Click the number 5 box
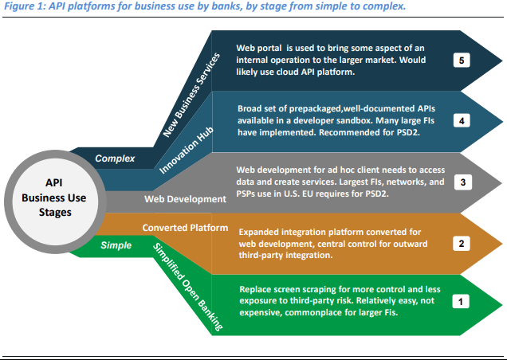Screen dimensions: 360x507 [x=459, y=60]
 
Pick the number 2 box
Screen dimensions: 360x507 [x=459, y=244]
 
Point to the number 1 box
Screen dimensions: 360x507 [x=459, y=303]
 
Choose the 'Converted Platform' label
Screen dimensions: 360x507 [x=180, y=227]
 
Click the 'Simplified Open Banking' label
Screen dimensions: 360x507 [x=185, y=282]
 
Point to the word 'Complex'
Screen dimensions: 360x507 [x=115, y=158]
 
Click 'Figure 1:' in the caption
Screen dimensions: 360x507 [x=25, y=7]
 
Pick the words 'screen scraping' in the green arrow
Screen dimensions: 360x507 [x=303, y=291]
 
